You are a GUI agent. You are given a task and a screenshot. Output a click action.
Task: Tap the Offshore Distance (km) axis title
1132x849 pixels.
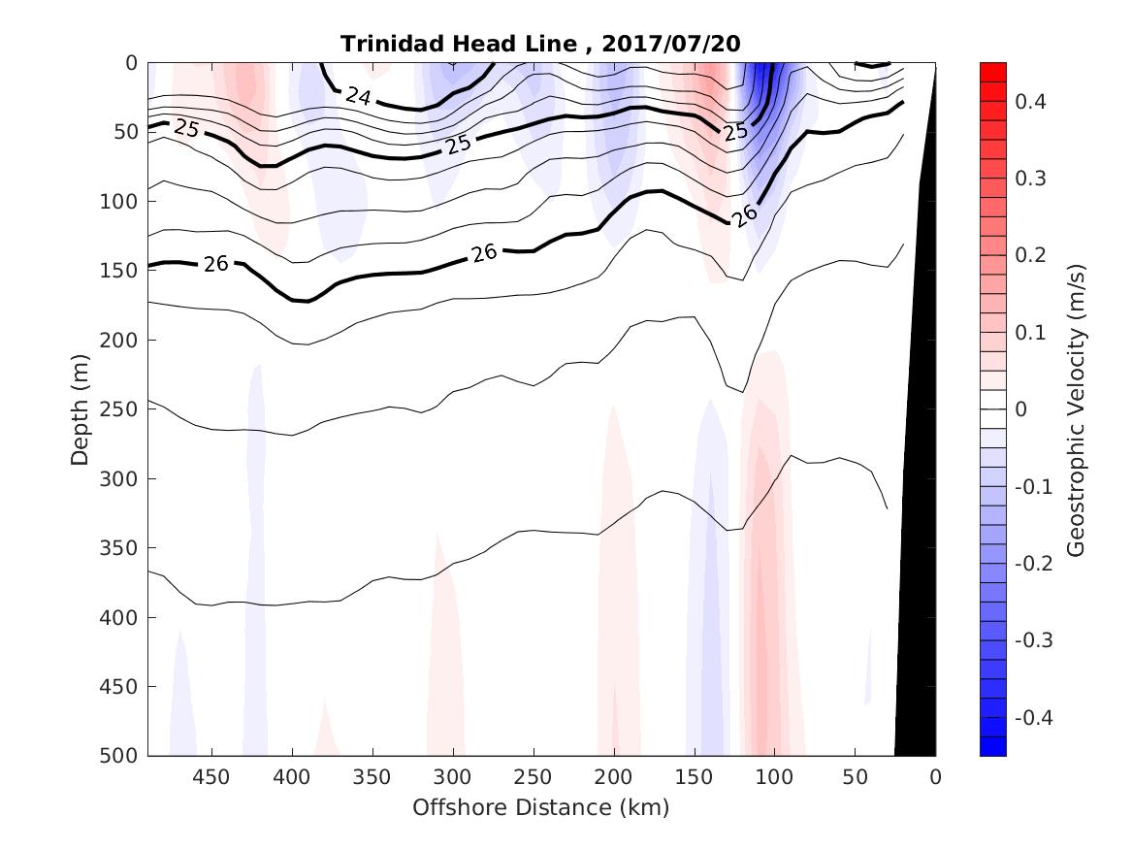pos(541,807)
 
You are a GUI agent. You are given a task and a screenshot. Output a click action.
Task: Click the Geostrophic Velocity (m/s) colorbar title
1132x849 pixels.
pos(1075,409)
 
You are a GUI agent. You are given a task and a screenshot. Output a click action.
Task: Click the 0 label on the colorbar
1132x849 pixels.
pos(1021,409)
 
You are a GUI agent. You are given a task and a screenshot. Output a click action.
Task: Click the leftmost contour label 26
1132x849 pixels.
pos(215,263)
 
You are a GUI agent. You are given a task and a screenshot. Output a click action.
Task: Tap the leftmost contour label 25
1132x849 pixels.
pos(186,129)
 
